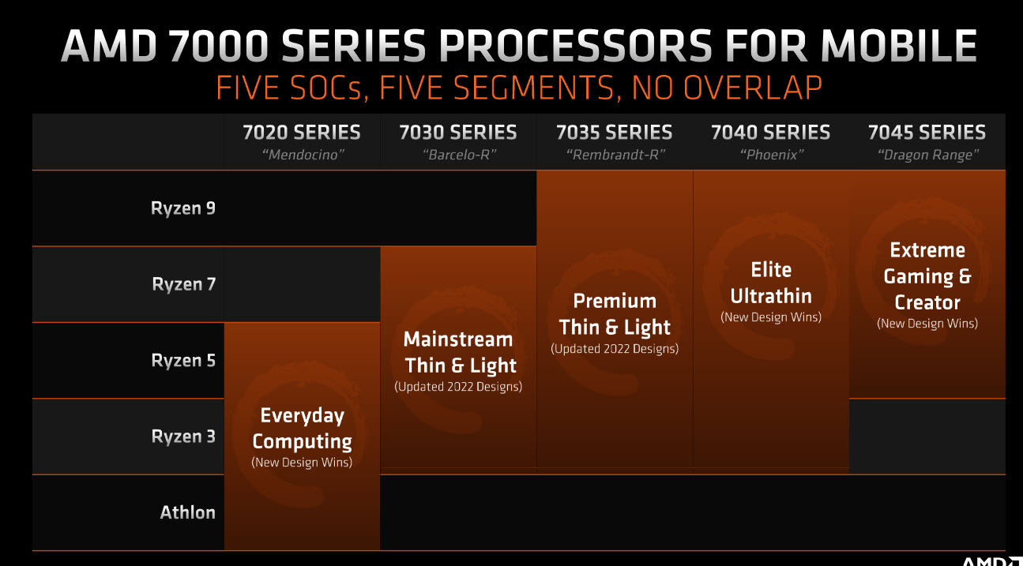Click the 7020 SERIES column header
pos(302,133)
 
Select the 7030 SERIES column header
pos(458,133)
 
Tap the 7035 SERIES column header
pos(614,133)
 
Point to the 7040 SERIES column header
pos(770,133)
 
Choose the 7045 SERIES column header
pos(927,133)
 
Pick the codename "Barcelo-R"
pos(458,155)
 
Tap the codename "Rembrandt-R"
pos(614,155)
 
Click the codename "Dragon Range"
pos(927,155)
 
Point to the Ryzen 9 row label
pos(183,209)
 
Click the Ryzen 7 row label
pos(183,284)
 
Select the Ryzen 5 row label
pos(183,361)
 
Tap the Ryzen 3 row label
pos(183,437)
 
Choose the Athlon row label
pos(188,512)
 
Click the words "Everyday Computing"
pos(302,429)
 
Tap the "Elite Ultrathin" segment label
pos(771,283)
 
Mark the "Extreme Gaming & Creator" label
pos(927,276)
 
